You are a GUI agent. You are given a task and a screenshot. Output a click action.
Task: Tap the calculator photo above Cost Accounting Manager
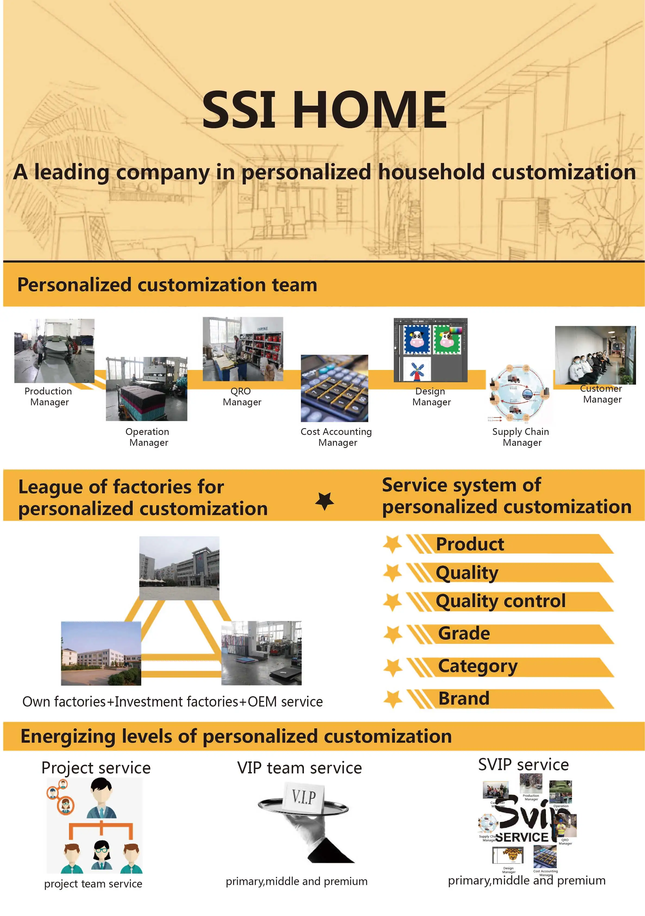point(334,388)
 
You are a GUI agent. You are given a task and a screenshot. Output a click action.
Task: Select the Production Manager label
point(48,397)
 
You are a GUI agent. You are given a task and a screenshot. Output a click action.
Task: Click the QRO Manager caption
point(242,397)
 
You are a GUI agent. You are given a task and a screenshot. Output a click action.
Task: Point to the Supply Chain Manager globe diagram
point(520,393)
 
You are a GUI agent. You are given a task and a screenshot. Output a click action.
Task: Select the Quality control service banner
point(500,601)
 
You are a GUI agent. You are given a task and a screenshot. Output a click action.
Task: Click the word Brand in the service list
point(464,698)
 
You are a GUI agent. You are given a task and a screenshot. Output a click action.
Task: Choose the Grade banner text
point(464,633)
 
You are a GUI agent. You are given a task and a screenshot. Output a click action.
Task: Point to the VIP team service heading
point(299,768)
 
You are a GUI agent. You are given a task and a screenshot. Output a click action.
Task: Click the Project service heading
point(96,768)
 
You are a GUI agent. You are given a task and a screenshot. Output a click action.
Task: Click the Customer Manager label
point(602,394)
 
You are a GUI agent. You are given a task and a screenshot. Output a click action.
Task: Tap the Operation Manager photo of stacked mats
point(146,389)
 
